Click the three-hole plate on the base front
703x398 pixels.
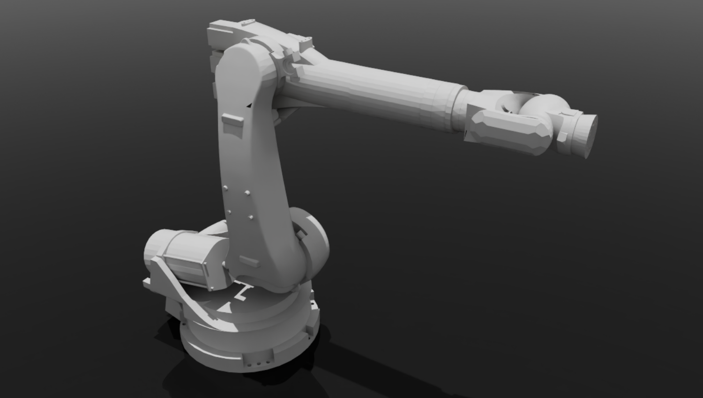point(258,361)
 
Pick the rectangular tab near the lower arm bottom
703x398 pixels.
point(249,261)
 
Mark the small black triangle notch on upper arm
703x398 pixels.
point(249,105)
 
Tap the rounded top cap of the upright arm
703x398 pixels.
point(244,54)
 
